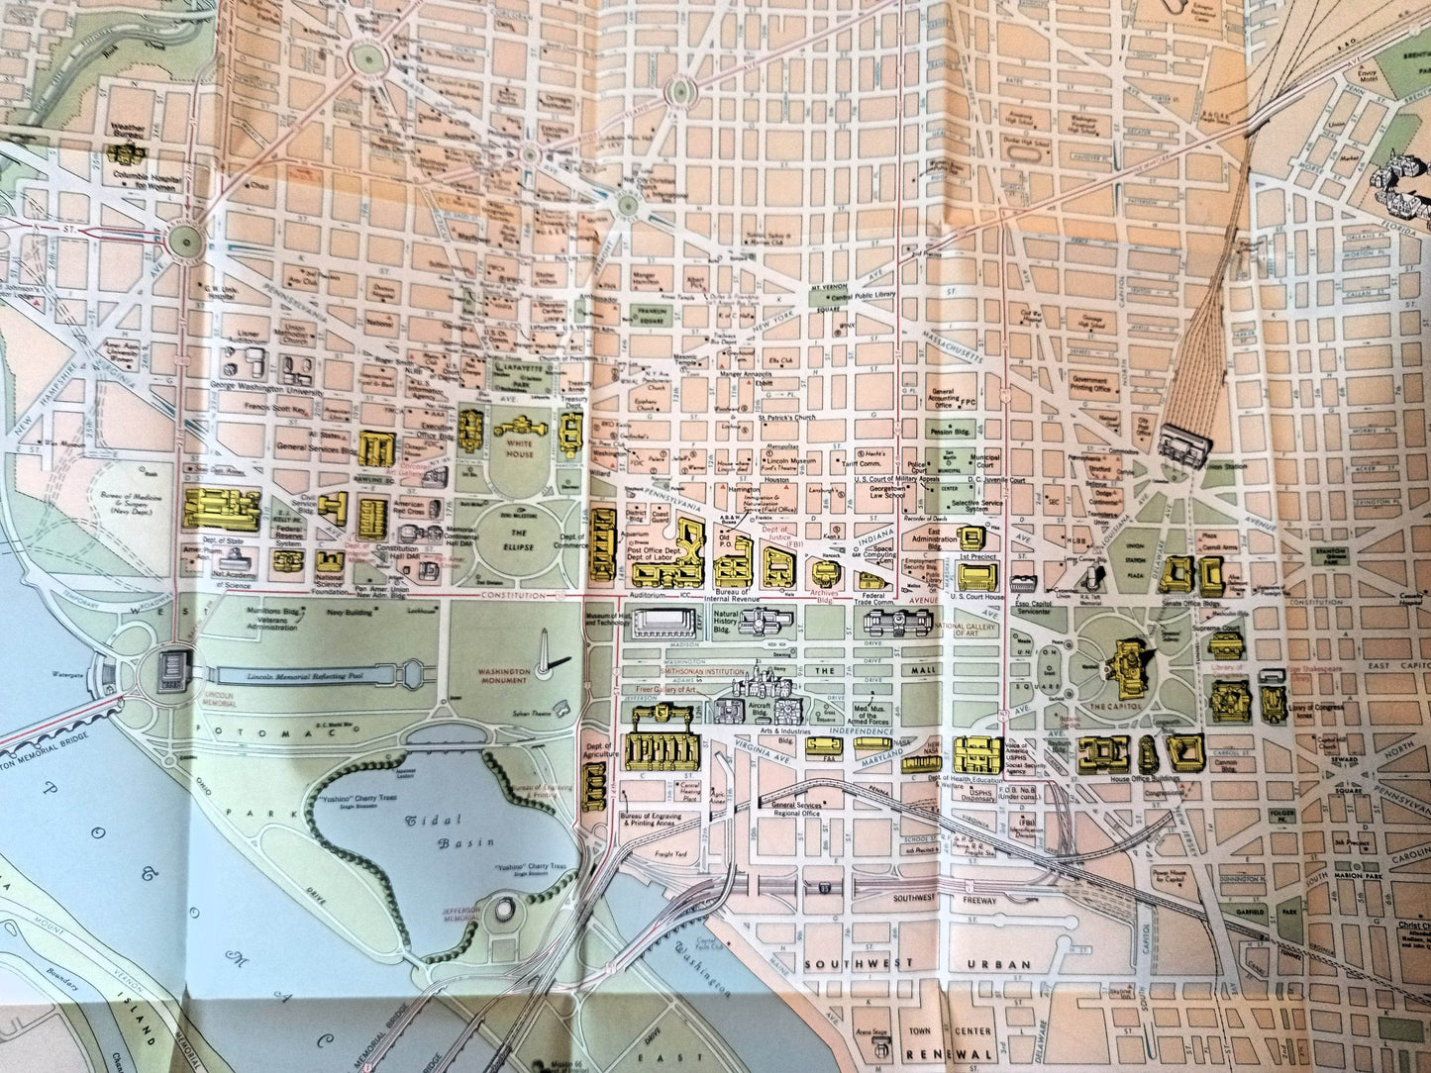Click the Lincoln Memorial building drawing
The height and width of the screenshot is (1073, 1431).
172,672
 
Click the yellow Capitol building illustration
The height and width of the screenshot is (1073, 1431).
1129,664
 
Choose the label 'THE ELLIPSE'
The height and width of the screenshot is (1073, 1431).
518,541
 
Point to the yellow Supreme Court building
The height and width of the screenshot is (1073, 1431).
1225,643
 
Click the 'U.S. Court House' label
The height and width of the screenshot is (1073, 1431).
977,596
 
